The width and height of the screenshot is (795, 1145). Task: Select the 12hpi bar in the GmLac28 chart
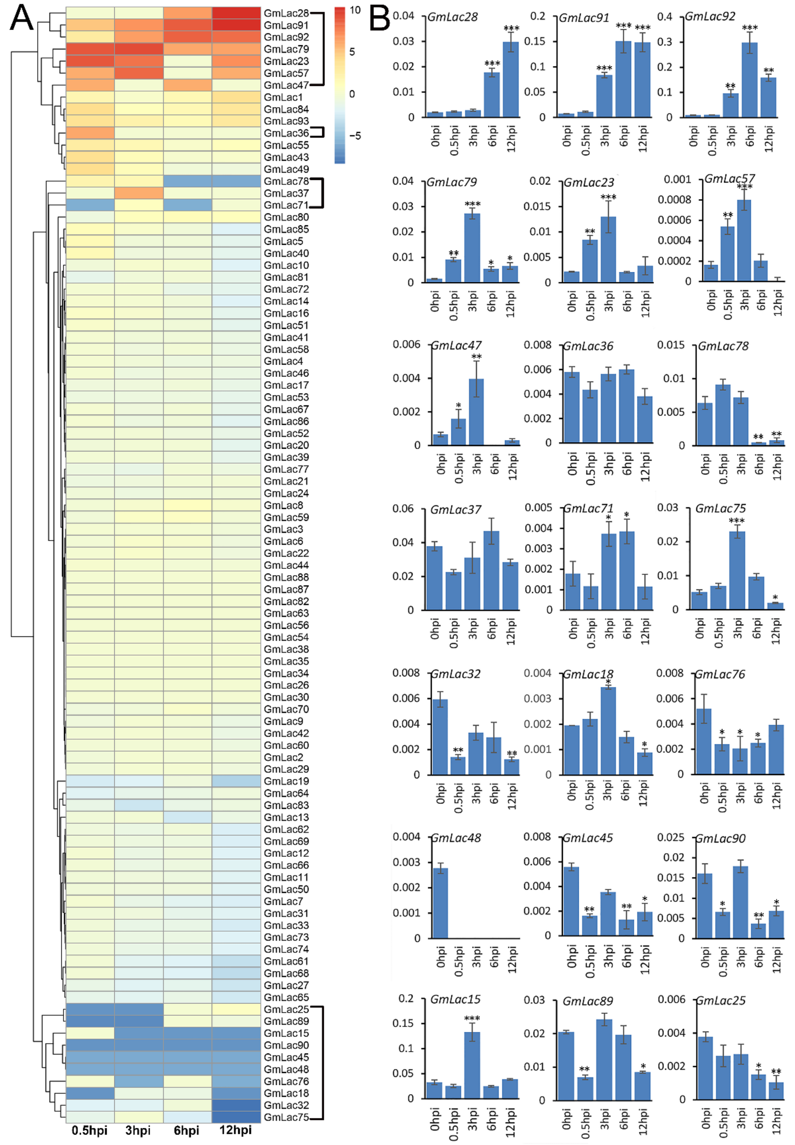pyautogui.click(x=511, y=80)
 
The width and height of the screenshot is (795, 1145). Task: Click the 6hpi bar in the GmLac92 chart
pyautogui.click(x=750, y=80)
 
